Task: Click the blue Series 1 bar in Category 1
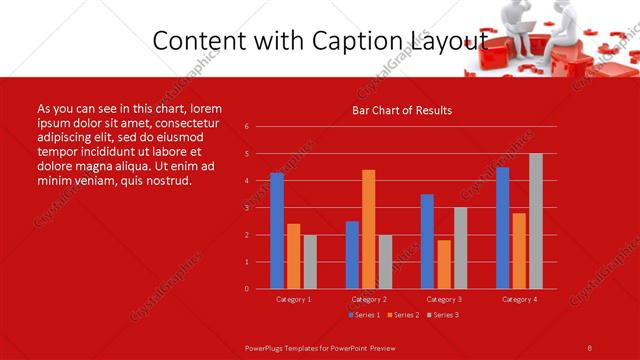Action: tap(277, 231)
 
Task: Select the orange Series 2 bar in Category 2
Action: tap(369, 229)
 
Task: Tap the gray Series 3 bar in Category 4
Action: tap(536, 221)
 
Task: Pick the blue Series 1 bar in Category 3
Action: tap(427, 241)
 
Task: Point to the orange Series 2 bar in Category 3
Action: tap(444, 264)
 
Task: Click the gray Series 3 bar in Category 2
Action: tap(386, 261)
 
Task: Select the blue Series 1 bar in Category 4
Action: tap(502, 228)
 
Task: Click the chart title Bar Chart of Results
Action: tap(402, 110)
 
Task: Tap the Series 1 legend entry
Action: tap(364, 315)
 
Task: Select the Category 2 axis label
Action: tap(369, 299)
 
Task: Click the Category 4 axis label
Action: tap(519, 299)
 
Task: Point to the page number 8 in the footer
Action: tap(589, 347)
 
